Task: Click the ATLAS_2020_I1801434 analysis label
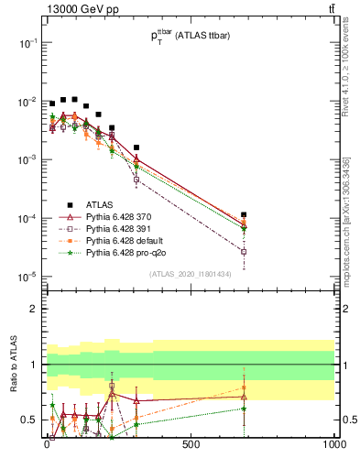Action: [191, 274]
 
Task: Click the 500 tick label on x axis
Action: [191, 444]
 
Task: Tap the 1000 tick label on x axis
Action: [333, 444]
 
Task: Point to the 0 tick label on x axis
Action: [47, 444]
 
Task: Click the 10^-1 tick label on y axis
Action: [27, 43]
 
